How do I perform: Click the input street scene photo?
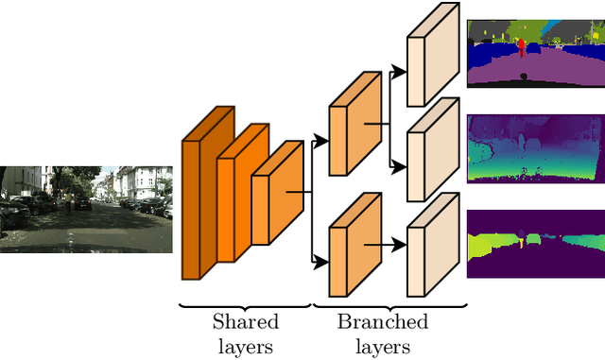point(86,209)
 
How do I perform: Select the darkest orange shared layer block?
point(203,198)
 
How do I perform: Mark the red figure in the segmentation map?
point(521,47)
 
